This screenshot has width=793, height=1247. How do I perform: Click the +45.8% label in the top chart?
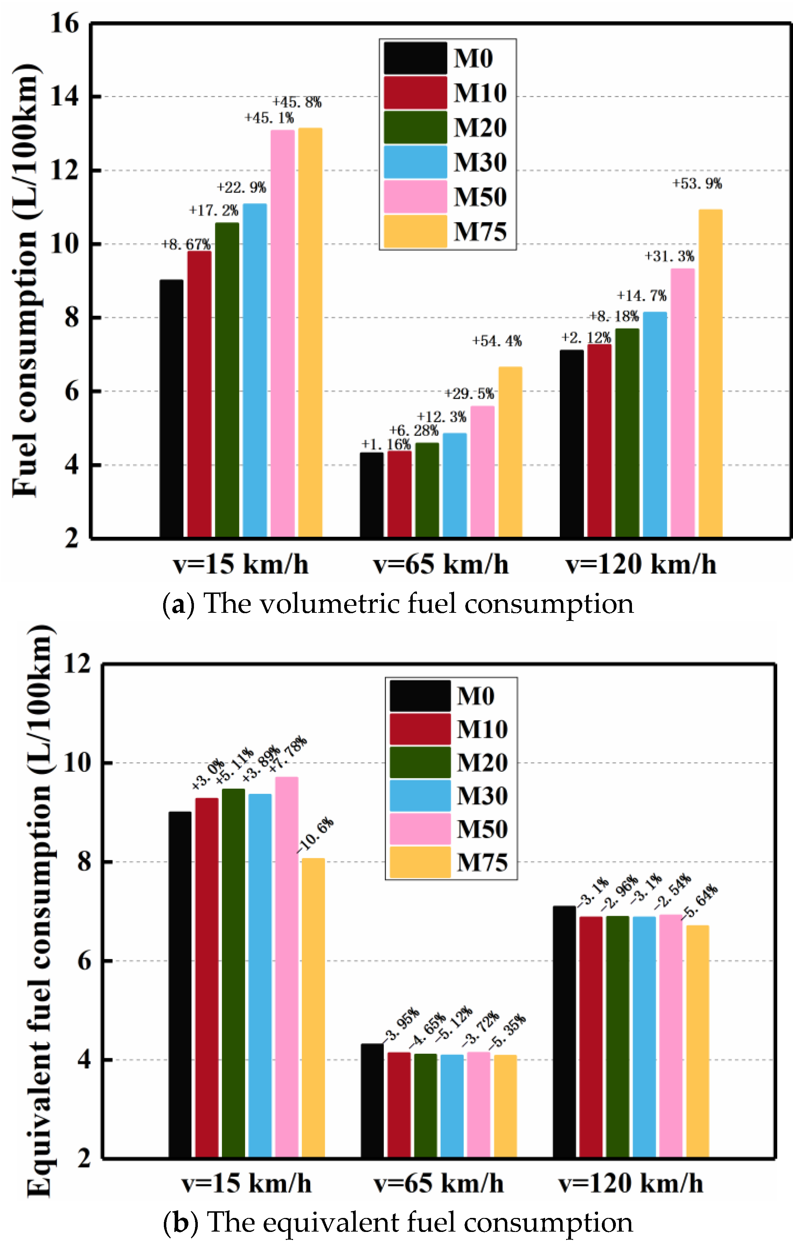pos(297,102)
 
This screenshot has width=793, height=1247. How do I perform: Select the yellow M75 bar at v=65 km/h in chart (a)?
pos(510,452)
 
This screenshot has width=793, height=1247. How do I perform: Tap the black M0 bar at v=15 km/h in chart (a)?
pos(171,408)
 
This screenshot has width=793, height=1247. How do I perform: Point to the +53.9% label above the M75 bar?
pos(697,183)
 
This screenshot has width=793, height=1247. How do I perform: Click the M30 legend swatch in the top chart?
pos(415,162)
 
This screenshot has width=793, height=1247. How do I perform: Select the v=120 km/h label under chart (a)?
pos(641,564)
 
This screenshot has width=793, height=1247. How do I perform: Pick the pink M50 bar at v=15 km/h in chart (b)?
pos(286,967)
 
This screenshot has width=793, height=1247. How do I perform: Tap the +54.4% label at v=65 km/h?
pos(497,341)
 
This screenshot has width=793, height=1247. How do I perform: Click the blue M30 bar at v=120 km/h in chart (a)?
pos(655,425)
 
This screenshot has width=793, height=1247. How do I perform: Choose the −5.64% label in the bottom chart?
pos(700,902)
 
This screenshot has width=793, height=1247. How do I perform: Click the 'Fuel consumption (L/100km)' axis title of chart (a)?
pos(25,280)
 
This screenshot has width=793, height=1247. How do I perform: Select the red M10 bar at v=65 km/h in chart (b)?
pos(398,1105)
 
